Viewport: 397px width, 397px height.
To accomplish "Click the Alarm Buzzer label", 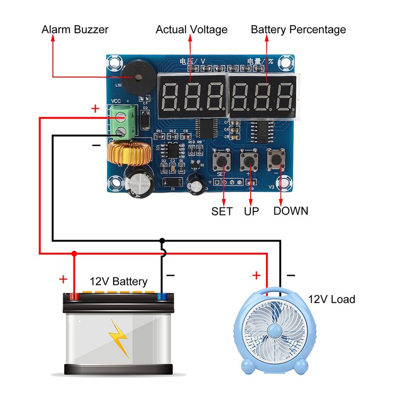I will click(x=74, y=29).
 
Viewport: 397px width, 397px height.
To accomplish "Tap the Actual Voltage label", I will click(x=192, y=29).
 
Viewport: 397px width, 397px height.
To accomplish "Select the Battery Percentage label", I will click(x=298, y=29).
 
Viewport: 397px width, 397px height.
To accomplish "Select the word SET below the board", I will click(x=222, y=211).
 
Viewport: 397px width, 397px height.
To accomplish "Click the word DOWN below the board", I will click(x=291, y=211).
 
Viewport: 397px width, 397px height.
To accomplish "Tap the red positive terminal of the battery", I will click(x=74, y=297).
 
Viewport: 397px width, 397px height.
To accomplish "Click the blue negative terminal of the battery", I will click(x=162, y=297).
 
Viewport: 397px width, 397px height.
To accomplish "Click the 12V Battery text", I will click(x=118, y=282).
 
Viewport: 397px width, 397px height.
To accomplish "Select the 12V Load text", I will click(x=331, y=299).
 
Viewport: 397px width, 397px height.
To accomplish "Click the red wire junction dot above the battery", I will click(x=74, y=254).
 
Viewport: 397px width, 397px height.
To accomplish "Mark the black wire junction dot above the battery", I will click(x=162, y=241).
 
